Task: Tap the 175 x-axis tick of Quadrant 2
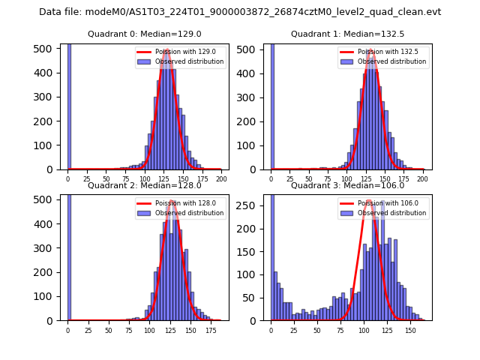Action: (x=210, y=331)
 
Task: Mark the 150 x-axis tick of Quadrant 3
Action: (x=410, y=331)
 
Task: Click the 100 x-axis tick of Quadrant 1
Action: (x=346, y=180)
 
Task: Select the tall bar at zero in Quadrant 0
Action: (x=69, y=105)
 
